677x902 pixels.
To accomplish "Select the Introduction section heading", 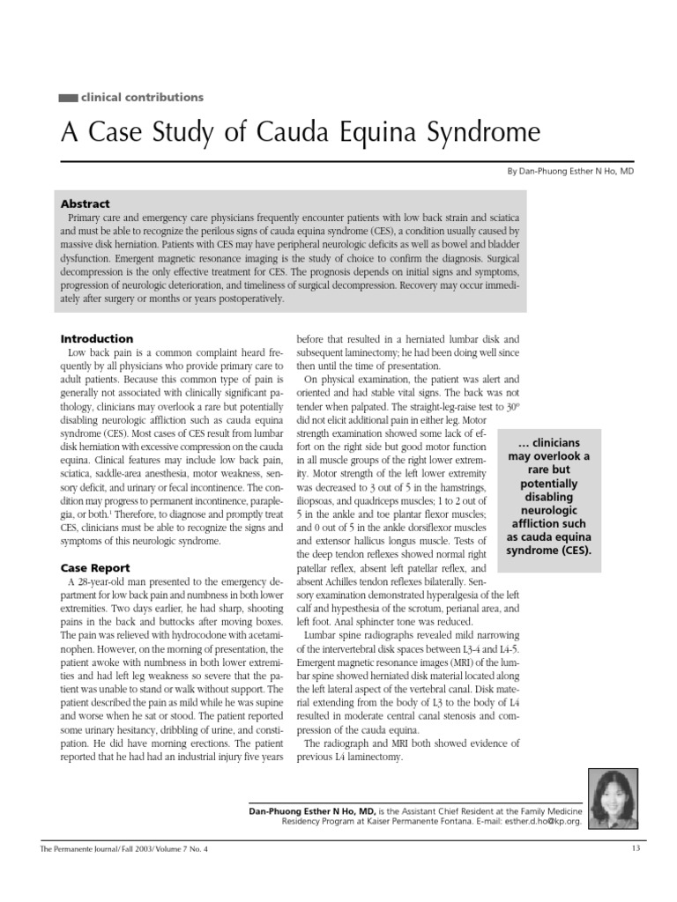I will click(97, 338).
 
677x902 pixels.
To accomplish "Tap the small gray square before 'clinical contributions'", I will click(68, 98).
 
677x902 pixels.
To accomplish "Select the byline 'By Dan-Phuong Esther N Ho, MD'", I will click(569, 171).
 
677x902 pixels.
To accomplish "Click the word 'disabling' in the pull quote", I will click(543, 498).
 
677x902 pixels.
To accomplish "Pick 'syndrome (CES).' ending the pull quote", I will click(543, 551).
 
